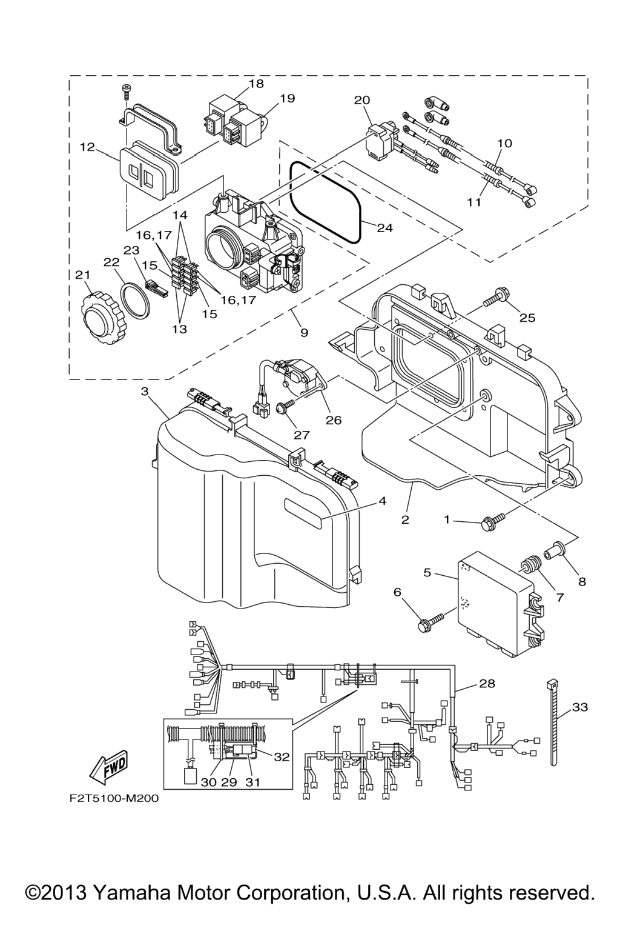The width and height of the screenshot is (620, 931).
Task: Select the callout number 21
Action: point(82,275)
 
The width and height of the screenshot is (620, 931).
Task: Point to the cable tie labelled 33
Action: point(553,721)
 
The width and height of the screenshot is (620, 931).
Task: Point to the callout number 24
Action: point(385,228)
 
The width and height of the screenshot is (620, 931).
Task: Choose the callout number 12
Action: point(87,147)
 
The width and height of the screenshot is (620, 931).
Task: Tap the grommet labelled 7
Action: point(531,566)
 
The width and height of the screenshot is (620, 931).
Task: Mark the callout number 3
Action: point(145,392)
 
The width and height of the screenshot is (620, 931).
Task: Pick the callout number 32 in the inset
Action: point(282,756)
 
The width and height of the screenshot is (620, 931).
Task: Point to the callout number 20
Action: point(362,99)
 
